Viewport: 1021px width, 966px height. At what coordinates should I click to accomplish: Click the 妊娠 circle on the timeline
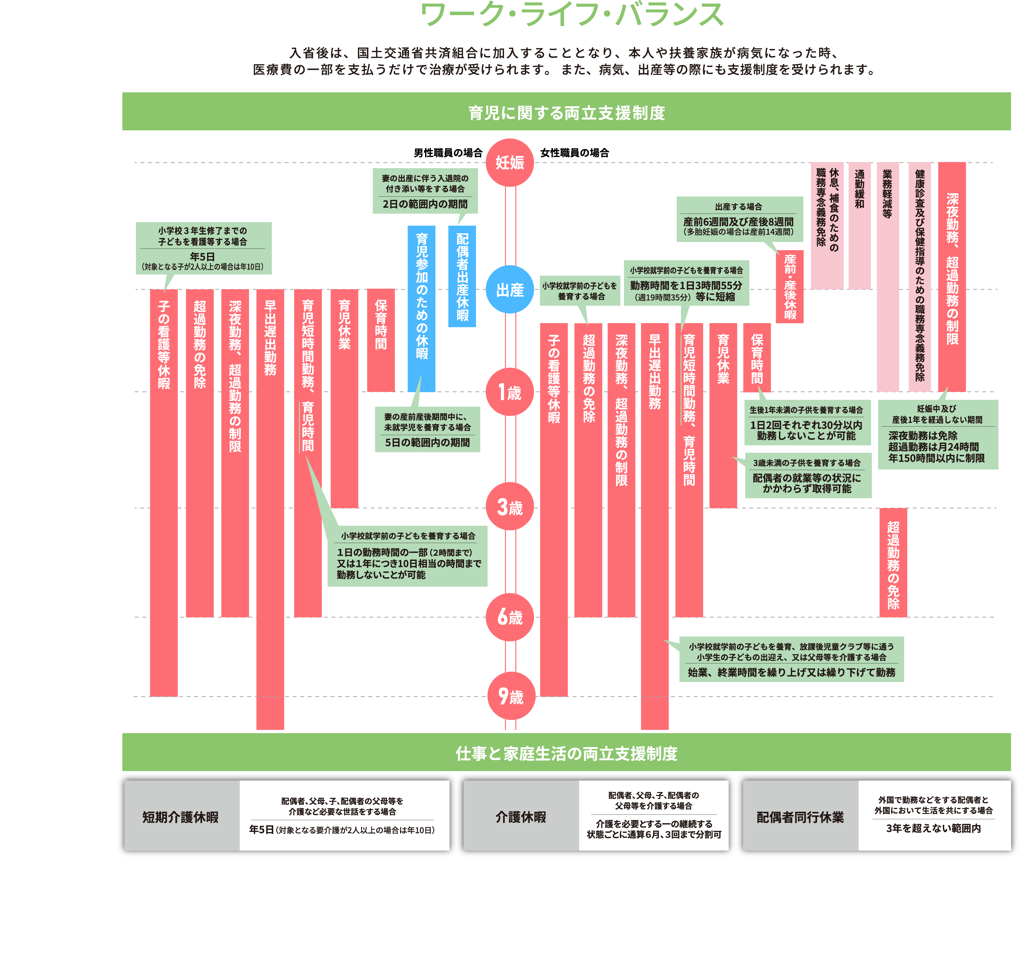pos(510,163)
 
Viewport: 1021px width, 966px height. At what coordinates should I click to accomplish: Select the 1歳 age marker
pos(510,392)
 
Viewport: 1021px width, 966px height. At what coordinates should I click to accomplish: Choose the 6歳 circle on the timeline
pos(510,617)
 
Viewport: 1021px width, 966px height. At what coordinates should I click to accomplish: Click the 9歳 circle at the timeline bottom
pos(510,696)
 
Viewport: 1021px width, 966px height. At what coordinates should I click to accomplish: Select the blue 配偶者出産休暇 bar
pos(462,277)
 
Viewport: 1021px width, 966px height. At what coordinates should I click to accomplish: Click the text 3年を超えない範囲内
pos(933,828)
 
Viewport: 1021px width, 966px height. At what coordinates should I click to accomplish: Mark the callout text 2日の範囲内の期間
pos(425,204)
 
